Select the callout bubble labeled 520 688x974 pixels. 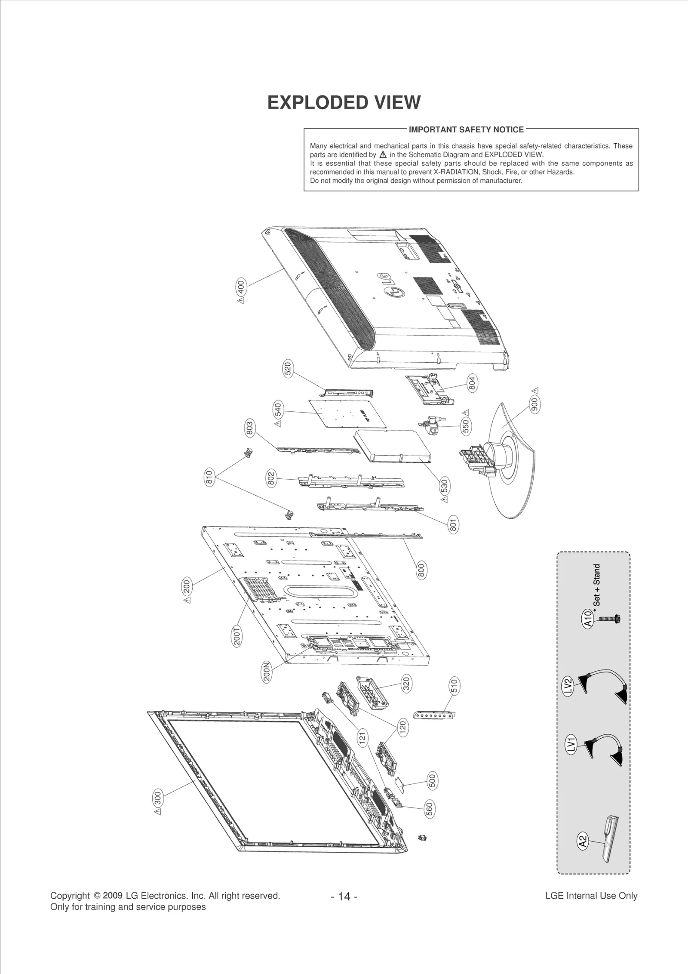(288, 370)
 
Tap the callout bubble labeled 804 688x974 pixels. (472, 383)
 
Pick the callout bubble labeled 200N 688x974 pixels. (267, 672)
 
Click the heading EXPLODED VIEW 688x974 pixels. (344, 103)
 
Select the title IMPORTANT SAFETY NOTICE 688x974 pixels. (466, 129)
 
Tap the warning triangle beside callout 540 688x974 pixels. (278, 424)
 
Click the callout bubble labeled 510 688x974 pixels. (454, 685)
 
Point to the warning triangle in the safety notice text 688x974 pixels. (383, 155)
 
